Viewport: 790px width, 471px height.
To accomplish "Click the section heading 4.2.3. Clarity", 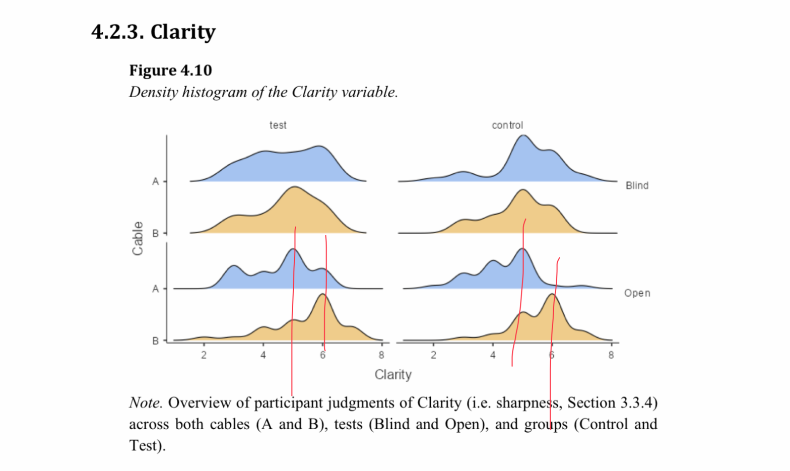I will [153, 32].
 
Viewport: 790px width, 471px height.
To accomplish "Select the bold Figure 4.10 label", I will [170, 70].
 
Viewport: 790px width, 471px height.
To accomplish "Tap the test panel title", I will [278, 125].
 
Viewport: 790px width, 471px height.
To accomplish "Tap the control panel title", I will [507, 125].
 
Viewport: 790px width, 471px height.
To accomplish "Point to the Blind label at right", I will [637, 185].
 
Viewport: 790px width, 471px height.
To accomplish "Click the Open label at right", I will [637, 293].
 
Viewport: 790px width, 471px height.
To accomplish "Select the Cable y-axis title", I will [138, 238].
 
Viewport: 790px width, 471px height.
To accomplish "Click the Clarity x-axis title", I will [393, 375].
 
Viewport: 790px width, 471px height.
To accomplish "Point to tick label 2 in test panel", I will [204, 355].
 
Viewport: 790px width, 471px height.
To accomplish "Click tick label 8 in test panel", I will [381, 355].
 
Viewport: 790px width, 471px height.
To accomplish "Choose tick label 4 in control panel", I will [493, 355].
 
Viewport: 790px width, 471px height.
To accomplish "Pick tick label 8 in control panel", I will [611, 355].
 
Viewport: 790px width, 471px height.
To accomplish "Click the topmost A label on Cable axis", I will [156, 181].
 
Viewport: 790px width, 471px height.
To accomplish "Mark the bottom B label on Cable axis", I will [156, 341].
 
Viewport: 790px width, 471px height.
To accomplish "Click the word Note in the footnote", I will [145, 403].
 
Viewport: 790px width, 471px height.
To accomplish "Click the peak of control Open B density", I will [553, 294].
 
